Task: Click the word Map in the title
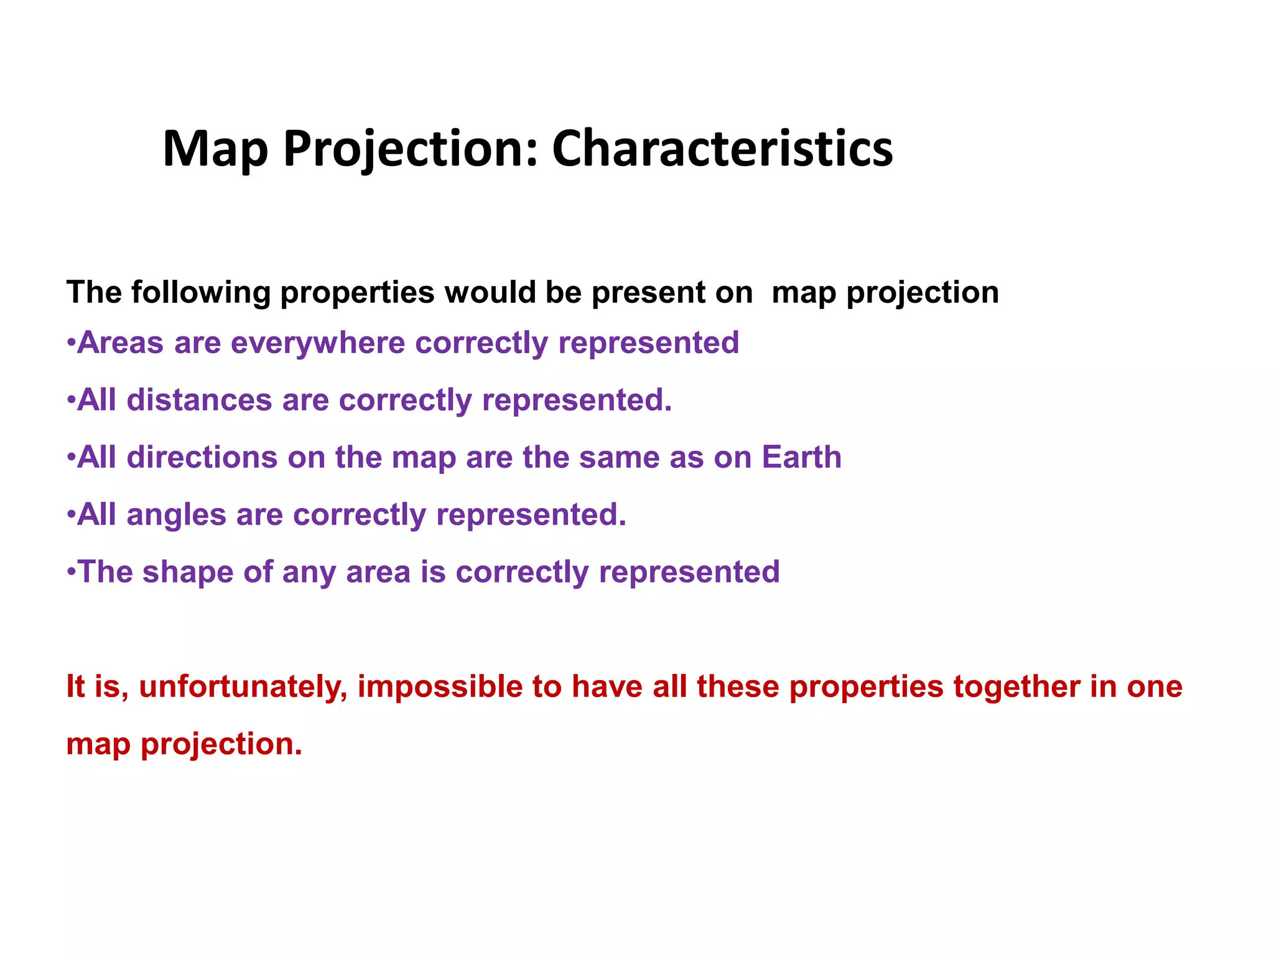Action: pos(215,149)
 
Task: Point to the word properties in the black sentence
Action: pos(357,292)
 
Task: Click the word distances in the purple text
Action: pos(199,400)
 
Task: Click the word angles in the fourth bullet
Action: pos(176,515)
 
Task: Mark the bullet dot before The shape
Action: pos(72,571)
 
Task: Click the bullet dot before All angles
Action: pos(72,514)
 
